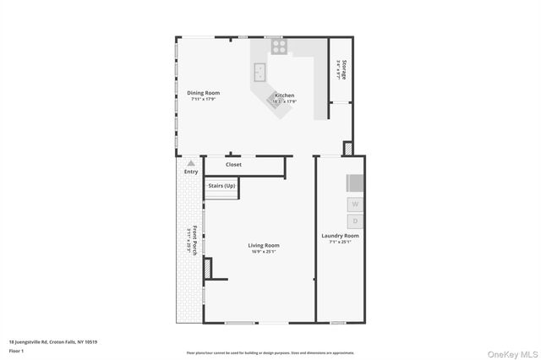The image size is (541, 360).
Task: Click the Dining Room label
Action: point(204,93)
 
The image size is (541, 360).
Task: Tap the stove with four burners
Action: point(279,46)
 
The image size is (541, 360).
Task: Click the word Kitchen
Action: point(284,95)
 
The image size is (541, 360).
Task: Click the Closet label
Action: point(233,165)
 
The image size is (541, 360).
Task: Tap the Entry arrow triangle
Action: point(191,162)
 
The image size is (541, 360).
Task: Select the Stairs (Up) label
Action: point(222,184)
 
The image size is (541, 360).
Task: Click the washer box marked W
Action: point(355,205)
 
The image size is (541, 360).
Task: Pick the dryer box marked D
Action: point(355,220)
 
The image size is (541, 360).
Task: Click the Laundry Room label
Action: point(340,236)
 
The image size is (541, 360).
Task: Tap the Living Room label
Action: point(264,246)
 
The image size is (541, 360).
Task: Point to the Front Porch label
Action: point(194,239)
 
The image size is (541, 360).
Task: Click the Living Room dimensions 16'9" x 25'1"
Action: point(264,252)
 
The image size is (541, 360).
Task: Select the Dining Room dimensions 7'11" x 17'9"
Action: point(204,100)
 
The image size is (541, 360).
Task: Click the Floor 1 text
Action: point(16,349)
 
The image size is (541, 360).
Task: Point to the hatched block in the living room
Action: point(210,268)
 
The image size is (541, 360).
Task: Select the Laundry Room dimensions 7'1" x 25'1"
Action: point(340,243)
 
